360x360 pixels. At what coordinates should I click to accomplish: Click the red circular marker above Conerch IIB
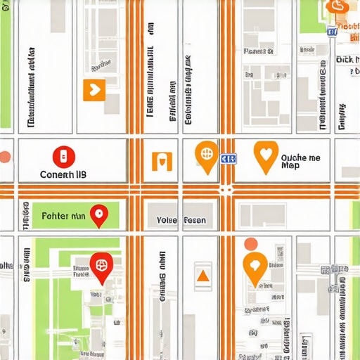coord(63,156)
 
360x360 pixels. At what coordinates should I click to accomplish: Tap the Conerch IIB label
coord(63,174)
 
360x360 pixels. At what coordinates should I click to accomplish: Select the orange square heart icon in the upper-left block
coord(94,89)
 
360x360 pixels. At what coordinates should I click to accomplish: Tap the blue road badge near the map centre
coord(229,160)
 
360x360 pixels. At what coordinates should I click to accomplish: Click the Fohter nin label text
coord(64,217)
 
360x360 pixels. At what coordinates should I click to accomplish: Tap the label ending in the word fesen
coord(181,220)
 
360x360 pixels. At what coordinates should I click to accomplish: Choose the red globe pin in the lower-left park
coord(101,266)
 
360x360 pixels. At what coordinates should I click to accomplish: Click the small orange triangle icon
coord(202,275)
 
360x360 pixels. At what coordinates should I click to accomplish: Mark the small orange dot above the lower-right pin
coord(250,244)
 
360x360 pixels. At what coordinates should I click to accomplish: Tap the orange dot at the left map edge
coord(5,157)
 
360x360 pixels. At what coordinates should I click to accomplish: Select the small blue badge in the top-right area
coord(332,31)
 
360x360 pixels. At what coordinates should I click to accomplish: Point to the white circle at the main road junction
coord(226,190)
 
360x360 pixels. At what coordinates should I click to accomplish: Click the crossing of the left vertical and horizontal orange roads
coord(134,191)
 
